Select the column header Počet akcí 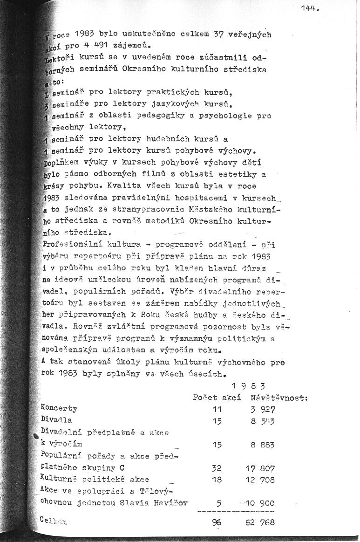tap(217, 398)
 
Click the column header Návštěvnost tap(279, 398)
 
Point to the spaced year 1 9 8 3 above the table tap(248, 386)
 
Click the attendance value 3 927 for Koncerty tap(263, 410)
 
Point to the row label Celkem tap(54, 521)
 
